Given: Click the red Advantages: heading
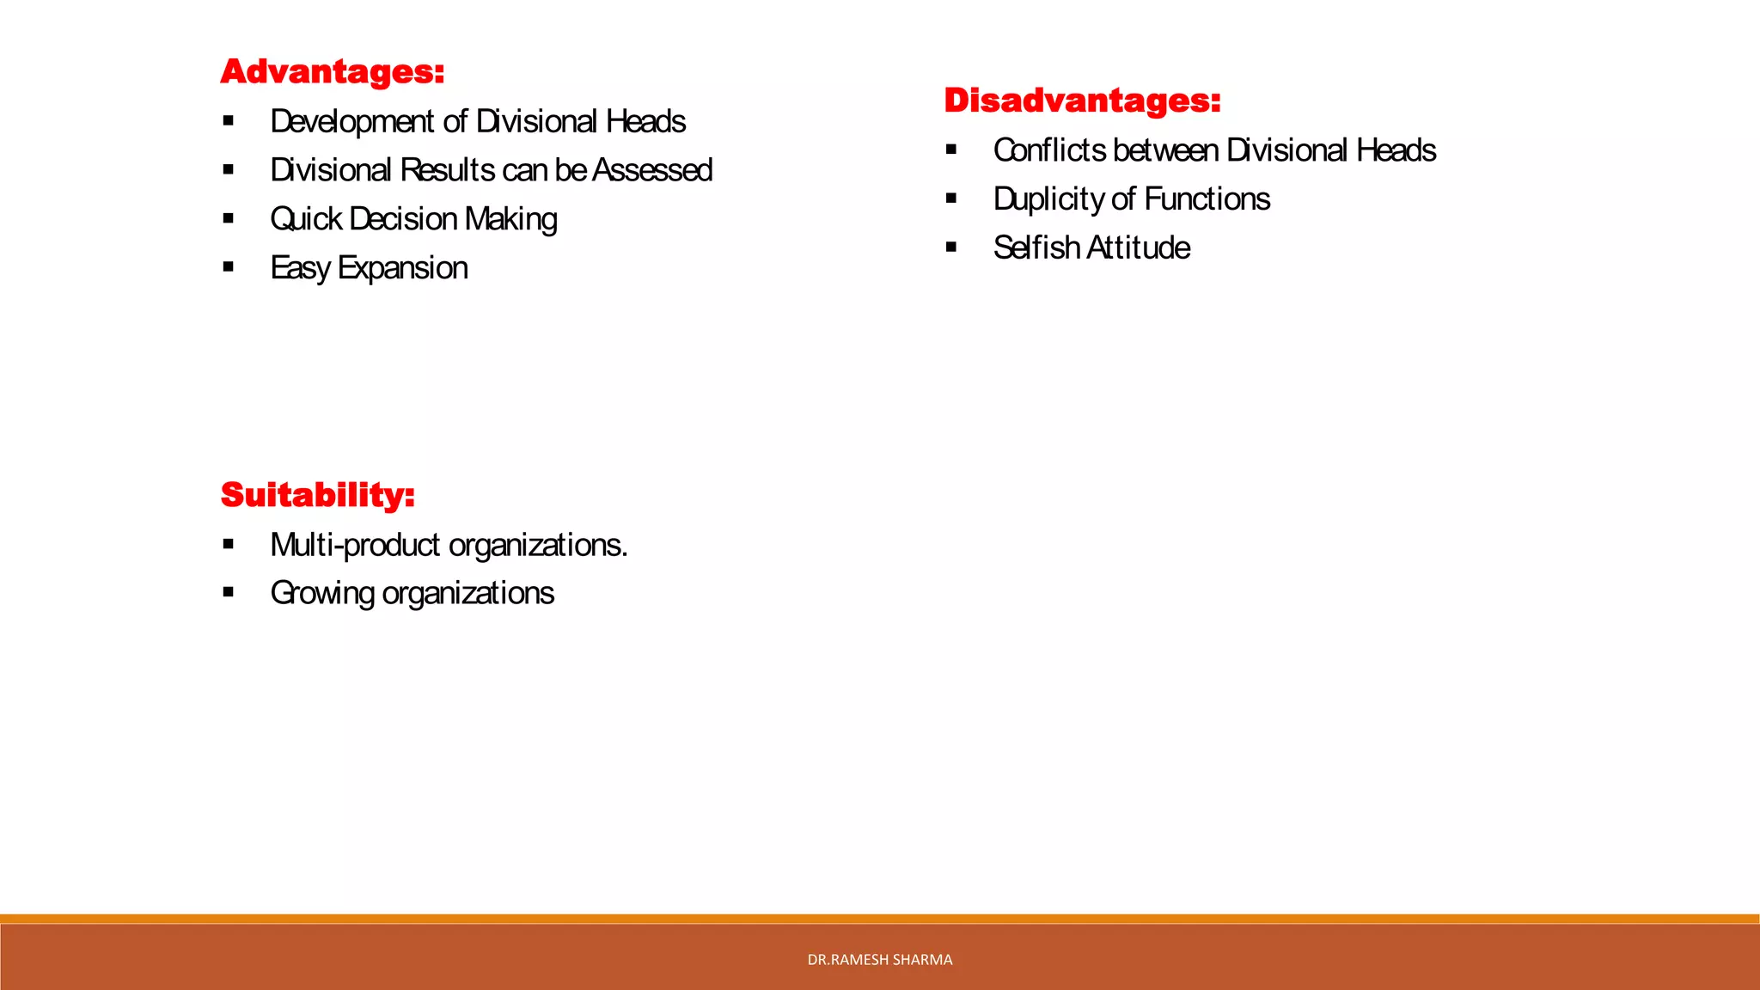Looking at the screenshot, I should click(x=332, y=71).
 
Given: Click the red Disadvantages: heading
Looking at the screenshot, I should click(x=1082, y=101).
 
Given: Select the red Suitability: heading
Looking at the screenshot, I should click(x=317, y=495).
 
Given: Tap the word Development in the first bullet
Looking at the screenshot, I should click(x=352, y=121).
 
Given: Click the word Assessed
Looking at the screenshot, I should click(x=652, y=170).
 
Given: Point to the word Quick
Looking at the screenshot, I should click(x=306, y=219).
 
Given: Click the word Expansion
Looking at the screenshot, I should click(x=402, y=268).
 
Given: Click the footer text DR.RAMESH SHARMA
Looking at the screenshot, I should click(x=879, y=960).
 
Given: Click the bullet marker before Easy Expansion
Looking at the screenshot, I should click(x=228, y=267).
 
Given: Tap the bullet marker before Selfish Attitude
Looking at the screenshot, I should click(x=950, y=247).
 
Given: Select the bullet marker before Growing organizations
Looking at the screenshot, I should click(x=228, y=592).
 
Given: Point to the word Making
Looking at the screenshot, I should click(x=510, y=219).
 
